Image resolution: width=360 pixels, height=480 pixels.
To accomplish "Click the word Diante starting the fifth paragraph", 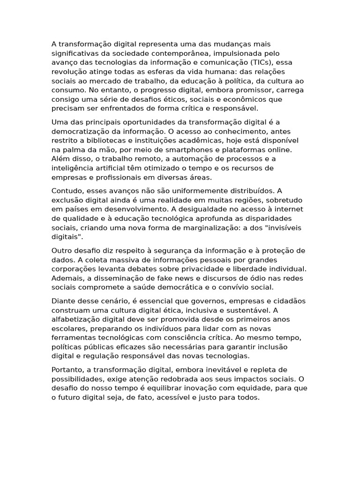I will coord(64,301).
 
